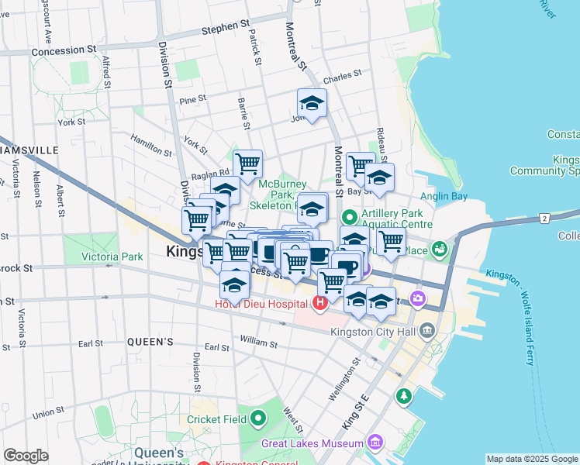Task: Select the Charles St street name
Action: coord(343,78)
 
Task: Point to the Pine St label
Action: coord(192,99)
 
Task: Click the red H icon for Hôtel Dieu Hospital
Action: coord(319,301)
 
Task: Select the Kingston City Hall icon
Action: coord(428,332)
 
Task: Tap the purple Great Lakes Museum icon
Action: coord(375,443)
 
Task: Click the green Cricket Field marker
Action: coord(257,419)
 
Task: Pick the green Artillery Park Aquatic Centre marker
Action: coord(349,217)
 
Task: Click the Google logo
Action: coord(26,456)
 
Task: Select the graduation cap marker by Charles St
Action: coord(312,103)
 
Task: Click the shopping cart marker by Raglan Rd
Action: coord(247,164)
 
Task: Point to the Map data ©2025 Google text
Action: coord(532,459)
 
